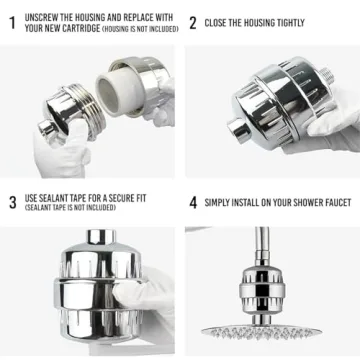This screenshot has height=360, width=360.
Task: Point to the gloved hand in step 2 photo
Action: tap(335, 125)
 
